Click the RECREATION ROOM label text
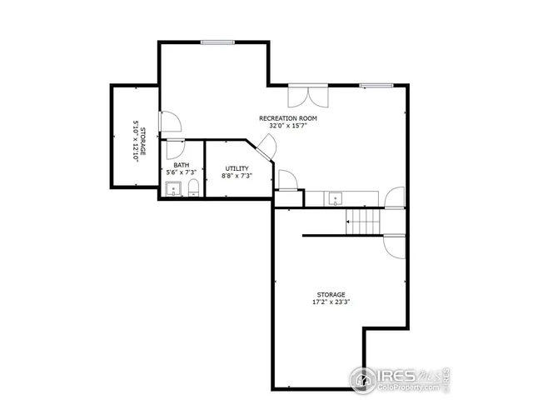[288, 118]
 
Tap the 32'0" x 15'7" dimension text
[288, 127]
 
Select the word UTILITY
[237, 169]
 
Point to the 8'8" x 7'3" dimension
[237, 177]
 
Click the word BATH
[181, 165]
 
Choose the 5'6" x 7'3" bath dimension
[181, 172]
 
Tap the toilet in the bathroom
[192, 186]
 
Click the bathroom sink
[173, 187]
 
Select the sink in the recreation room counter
[335, 198]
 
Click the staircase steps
[363, 221]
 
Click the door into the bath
[176, 149]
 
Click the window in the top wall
[216, 42]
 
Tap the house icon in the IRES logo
[363, 380]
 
